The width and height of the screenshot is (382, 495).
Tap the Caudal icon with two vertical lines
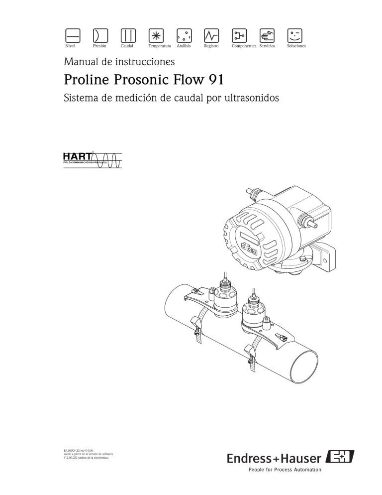coord(128,34)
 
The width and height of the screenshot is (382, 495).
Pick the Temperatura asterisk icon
coord(156,34)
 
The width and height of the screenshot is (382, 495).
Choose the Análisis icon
coord(184,34)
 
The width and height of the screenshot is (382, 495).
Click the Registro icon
coord(212,34)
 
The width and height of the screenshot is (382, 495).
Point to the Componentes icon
coord(240,34)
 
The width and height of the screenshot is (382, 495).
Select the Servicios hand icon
coord(268,34)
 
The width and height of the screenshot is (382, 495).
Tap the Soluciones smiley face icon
coord(295,34)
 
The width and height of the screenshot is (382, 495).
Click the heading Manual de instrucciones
coord(119,62)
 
